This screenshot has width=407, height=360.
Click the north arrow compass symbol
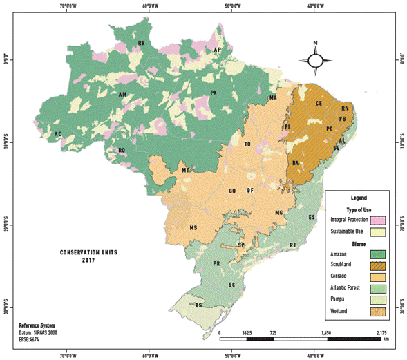(315, 60)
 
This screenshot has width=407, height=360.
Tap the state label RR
(142, 44)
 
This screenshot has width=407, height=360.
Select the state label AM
(122, 95)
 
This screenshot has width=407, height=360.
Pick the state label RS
(199, 305)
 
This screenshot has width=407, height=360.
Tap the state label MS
(194, 227)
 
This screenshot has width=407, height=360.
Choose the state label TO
(247, 144)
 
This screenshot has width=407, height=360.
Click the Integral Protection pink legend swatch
(377, 220)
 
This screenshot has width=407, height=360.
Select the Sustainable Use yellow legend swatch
(377, 231)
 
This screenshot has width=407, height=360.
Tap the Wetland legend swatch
(377, 312)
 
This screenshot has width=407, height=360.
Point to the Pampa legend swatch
(377, 301)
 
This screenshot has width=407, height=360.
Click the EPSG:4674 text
(30, 339)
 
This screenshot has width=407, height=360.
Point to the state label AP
(217, 50)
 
